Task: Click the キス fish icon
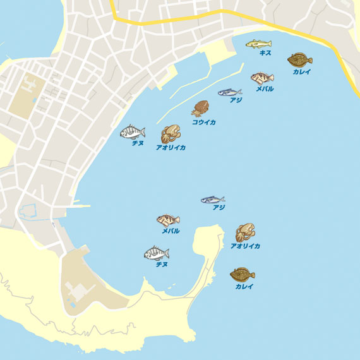coord(258,44)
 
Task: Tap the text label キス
coord(265,53)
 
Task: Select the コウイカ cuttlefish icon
coord(201,108)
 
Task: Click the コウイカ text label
coord(203,122)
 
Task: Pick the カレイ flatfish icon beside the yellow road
coord(300,60)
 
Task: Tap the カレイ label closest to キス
coord(301,72)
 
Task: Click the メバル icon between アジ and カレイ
coord(262,78)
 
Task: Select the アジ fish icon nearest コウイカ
coord(230,92)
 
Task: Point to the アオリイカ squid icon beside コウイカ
coord(170,134)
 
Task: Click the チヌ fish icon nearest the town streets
coord(133,132)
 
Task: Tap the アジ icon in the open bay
coord(213,200)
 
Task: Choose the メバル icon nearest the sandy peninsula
coord(168,220)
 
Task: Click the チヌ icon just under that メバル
coord(157,253)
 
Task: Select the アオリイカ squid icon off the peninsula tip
coord(245,232)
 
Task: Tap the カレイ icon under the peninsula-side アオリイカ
coord(243,275)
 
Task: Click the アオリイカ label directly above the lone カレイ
coord(245,246)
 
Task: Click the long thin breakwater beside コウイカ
coord(189,101)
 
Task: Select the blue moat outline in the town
coord(28,211)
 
